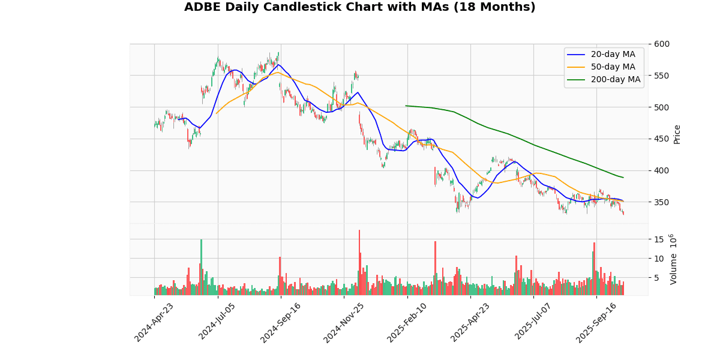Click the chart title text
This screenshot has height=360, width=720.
click(359, 7)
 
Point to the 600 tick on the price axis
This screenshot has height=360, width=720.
click(662, 44)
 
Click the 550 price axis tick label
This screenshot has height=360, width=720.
click(662, 76)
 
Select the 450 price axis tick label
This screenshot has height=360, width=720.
click(662, 139)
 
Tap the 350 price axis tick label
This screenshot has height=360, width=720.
click(662, 202)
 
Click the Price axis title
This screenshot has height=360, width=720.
click(677, 134)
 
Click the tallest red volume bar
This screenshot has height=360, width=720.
click(359, 263)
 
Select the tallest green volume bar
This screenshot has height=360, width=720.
click(201, 268)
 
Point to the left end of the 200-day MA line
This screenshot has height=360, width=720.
click(406, 106)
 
